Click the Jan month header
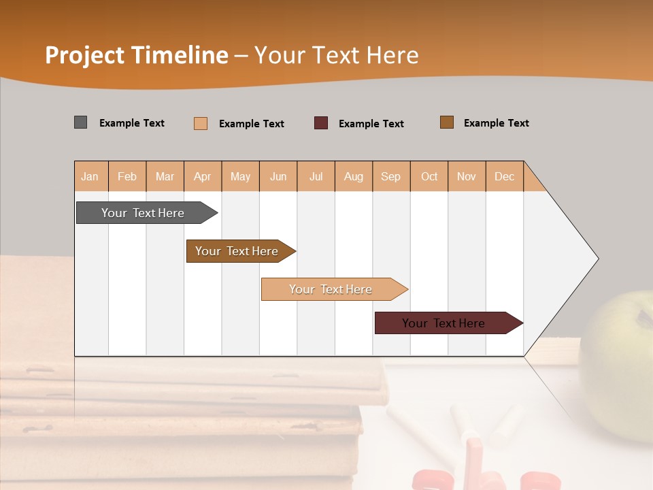[x=90, y=176]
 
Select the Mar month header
[x=165, y=176]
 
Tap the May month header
[x=240, y=176]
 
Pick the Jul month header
[x=316, y=176]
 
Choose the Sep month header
[x=390, y=176]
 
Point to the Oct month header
[x=429, y=176]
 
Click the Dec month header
[x=504, y=176]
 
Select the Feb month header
[x=127, y=176]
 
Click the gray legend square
[x=81, y=122]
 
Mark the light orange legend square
[x=201, y=123]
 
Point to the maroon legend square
[x=321, y=123]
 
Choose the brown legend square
[x=447, y=122]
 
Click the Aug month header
[x=354, y=176]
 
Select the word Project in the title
[x=85, y=55]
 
